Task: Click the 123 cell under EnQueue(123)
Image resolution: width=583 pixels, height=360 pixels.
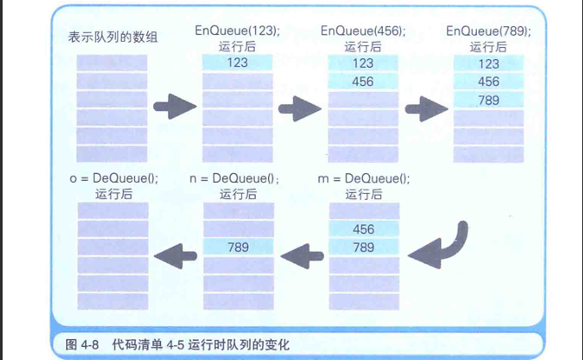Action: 238,63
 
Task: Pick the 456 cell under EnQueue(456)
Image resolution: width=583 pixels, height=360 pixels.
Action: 364,81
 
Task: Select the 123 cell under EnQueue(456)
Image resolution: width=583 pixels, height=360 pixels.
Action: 364,63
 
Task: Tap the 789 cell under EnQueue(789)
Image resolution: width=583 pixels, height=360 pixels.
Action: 489,100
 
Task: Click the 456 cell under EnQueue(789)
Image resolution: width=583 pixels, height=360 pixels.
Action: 489,82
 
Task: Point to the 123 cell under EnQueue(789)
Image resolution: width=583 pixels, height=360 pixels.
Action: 489,63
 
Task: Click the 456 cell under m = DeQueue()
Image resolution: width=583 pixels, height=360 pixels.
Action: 364,229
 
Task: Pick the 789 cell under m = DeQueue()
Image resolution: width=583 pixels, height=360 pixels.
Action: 364,247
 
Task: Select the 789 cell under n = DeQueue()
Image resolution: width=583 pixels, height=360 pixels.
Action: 238,247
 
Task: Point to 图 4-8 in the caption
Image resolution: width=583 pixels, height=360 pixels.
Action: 83,344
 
